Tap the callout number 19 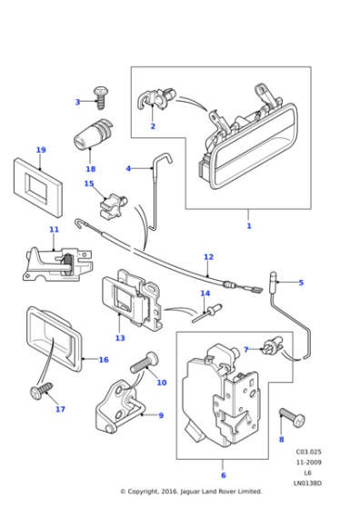point(41,149)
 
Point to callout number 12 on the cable point(208,256)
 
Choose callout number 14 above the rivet point(205,293)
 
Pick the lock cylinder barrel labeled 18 point(89,141)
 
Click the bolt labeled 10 point(143,365)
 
